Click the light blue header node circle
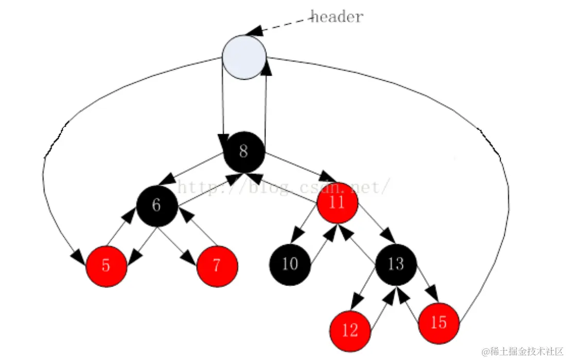pos(244,58)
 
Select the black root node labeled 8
pos(244,152)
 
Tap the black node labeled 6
pos(157,205)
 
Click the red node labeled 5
pos(106,266)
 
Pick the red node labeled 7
pos(217,266)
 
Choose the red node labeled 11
pos(337,202)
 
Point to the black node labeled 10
pos(290,264)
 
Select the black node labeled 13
pos(396,264)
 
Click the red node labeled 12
pos(350,330)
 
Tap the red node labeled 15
pos(438,323)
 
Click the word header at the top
pos(337,16)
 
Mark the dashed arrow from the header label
pos(280,26)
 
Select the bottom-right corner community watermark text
pos(522,351)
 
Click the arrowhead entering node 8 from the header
pos(223,140)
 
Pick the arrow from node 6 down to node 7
pos(178,245)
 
